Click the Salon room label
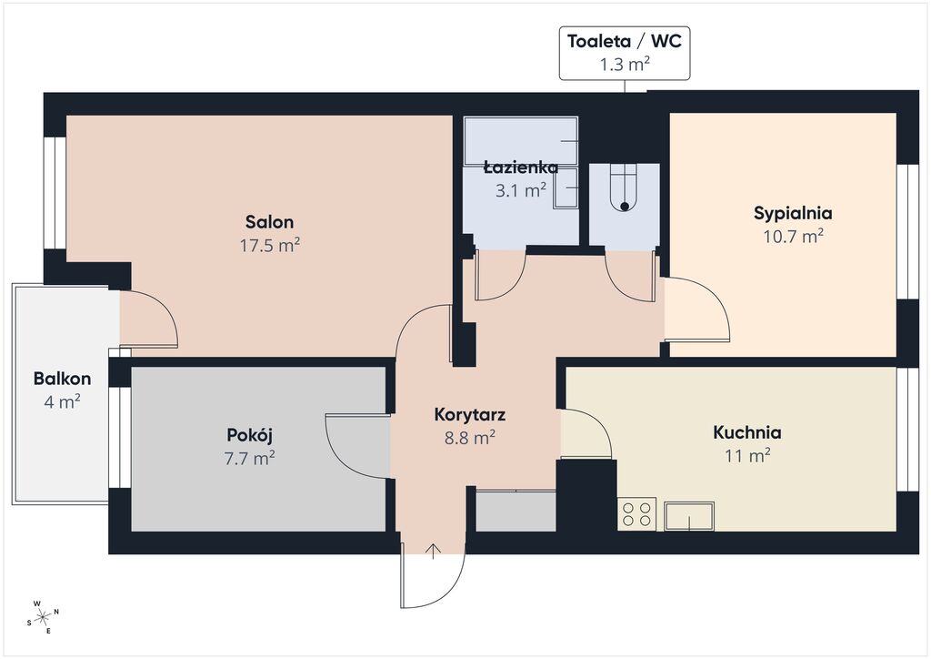[269, 222]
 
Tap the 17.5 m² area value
[269, 245]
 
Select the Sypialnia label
[793, 213]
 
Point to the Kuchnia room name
[747, 432]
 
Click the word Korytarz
[470, 414]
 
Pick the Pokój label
[249, 436]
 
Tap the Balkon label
[63, 379]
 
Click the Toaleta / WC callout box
[625, 53]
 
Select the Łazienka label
[521, 167]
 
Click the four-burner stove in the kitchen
[637, 514]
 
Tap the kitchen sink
[689, 516]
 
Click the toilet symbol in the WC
[624, 187]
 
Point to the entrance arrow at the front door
[434, 552]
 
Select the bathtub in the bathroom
[521, 141]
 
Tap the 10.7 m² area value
[793, 237]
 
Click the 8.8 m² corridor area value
[470, 437]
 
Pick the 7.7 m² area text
[249, 458]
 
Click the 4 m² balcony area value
[63, 401]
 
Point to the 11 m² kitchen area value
[747, 455]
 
